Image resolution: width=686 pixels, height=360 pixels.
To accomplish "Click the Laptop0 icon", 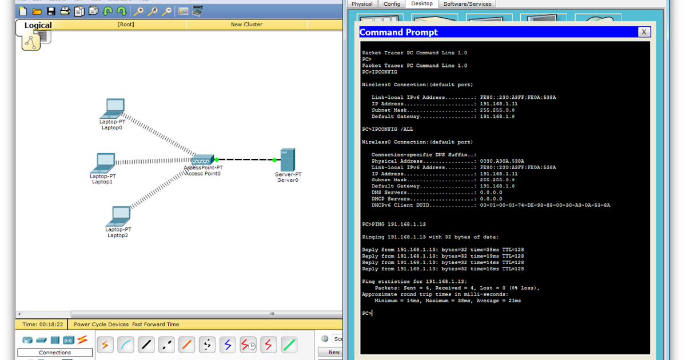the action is (114, 108).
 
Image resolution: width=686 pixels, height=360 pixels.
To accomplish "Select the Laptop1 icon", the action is (105, 163).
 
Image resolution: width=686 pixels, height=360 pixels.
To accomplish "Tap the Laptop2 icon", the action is (119, 215).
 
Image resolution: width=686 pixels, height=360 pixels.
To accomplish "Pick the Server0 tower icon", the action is (288, 159).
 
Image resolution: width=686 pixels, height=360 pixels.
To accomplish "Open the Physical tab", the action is (362, 4).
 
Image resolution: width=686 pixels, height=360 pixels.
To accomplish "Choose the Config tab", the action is (392, 4).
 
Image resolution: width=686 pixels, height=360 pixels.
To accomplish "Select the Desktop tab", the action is (422, 4).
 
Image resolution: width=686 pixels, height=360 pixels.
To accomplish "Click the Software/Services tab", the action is (467, 4).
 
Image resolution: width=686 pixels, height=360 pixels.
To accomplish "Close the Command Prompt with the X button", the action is (644, 32).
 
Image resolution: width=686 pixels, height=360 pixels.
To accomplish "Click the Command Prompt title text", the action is (399, 33).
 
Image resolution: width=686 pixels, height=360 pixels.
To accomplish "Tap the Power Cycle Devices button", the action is (101, 325).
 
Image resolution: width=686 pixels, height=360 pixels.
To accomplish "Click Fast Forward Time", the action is (155, 325).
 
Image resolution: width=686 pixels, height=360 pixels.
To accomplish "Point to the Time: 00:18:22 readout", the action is (43, 325).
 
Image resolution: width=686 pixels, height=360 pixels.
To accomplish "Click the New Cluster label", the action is (246, 25).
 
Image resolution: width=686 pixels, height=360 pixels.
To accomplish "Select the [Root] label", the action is (126, 25).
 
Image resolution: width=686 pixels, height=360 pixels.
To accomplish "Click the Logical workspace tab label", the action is (38, 25).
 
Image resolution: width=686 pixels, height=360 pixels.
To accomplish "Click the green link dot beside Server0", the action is (274, 160).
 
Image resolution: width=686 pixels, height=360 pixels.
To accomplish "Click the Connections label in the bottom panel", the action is (55, 353).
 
